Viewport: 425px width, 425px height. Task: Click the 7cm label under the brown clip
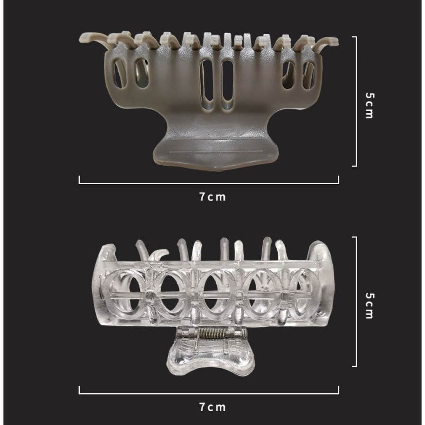pos(212,197)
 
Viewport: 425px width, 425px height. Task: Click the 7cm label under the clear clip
pos(212,407)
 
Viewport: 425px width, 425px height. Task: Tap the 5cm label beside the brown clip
pos(370,105)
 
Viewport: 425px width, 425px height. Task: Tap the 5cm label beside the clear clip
pos(370,305)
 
